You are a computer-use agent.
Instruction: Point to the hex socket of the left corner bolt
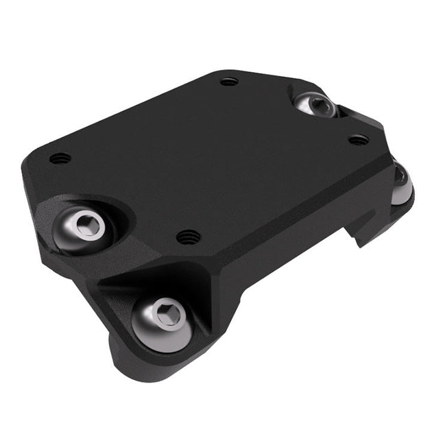[88, 225]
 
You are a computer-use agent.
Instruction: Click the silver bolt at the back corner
[316, 105]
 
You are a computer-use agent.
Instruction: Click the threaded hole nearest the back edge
[229, 81]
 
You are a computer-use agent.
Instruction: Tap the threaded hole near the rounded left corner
[60, 158]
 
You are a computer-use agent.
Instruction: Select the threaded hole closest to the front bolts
[189, 237]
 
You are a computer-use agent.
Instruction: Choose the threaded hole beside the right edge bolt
[358, 140]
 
